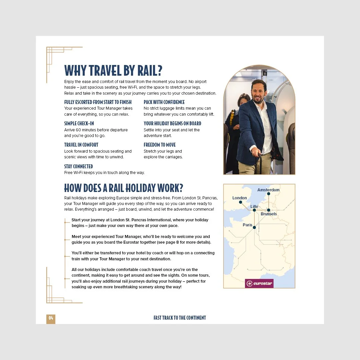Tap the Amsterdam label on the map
[268, 190]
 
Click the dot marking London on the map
[240, 202]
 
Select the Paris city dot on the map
[254, 227]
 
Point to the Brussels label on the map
[269, 214]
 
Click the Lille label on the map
[254, 207]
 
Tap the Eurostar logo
[259, 284]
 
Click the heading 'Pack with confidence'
[164, 102]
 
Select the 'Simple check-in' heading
[79, 123]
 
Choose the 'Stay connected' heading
[78, 166]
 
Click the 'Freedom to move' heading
[160, 145]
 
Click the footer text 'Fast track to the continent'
[180, 318]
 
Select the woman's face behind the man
[244, 101]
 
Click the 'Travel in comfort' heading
[81, 145]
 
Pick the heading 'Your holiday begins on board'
[172, 123]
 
